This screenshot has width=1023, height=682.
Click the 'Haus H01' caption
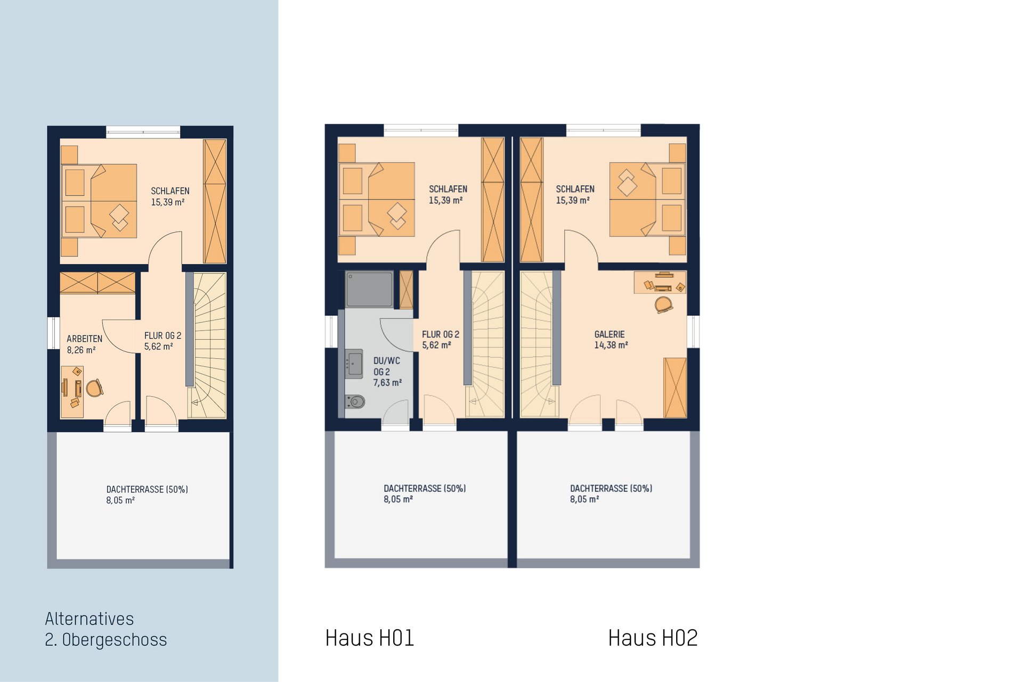[x=369, y=638]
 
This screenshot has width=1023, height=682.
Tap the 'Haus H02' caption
[x=653, y=638]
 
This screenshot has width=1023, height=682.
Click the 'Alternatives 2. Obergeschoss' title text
[x=105, y=629]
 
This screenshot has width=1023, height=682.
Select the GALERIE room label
[x=611, y=339]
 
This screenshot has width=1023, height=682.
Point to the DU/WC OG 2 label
[x=387, y=372]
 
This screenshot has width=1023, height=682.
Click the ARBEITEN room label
[x=84, y=344]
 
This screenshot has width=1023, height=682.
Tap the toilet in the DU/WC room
[x=355, y=401]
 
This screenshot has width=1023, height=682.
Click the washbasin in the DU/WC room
[x=354, y=364]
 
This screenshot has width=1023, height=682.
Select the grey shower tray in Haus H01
[x=369, y=289]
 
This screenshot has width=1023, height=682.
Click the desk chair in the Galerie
[x=663, y=305]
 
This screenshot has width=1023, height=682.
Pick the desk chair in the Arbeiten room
[x=94, y=388]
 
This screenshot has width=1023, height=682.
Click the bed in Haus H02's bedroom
[x=647, y=199]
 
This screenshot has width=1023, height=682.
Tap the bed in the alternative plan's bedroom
[x=99, y=201]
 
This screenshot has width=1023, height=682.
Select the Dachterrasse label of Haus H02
[x=611, y=494]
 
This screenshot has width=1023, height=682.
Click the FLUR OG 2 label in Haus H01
[x=441, y=339]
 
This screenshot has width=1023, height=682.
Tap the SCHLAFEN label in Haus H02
[x=575, y=194]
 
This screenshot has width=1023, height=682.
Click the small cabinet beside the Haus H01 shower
[x=406, y=290]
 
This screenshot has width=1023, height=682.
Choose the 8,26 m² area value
[x=81, y=350]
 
